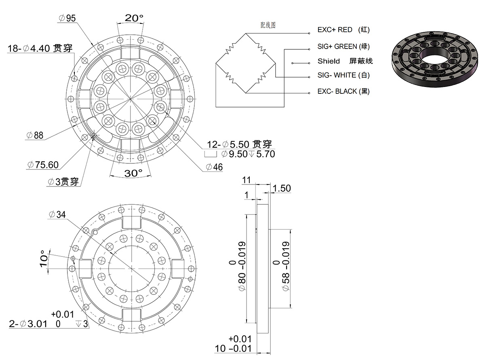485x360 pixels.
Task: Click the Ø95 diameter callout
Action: pos(67,18)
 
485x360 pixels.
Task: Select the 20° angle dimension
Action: pos(134,18)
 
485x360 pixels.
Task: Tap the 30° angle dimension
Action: pos(133,173)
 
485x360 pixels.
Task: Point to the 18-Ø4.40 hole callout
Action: pos(40,49)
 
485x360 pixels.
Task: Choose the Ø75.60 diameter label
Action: pos(43,165)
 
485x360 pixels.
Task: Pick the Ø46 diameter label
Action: pos(214,167)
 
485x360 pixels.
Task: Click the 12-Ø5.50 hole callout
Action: pos(239,144)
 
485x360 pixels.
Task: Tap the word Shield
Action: pos(329,61)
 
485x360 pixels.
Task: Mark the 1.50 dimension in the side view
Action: pos(282,188)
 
